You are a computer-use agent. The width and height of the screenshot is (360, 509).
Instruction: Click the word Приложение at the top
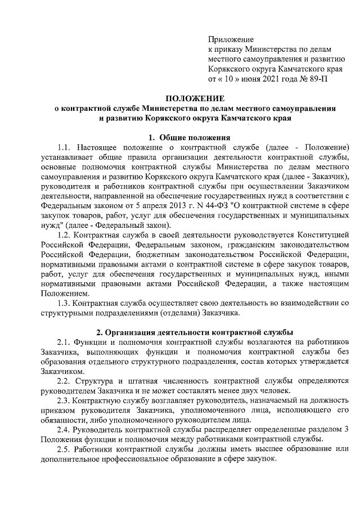(x=231, y=40)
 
